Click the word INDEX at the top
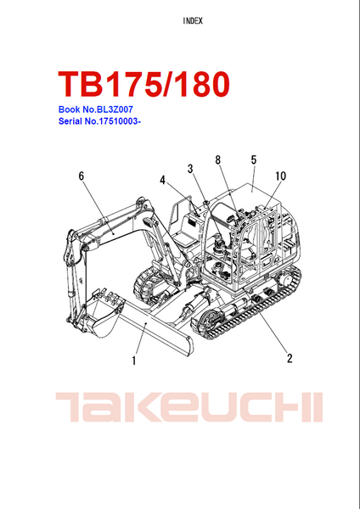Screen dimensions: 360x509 [x=193, y=21]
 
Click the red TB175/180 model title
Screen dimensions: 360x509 [x=144, y=84]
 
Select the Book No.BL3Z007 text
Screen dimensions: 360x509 [x=96, y=109]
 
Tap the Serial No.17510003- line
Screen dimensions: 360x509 [x=99, y=121]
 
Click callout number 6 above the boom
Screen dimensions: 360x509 [x=82, y=176]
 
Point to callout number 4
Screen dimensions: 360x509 [x=162, y=180]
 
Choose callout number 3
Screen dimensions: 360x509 [x=190, y=169]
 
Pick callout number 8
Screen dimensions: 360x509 [x=217, y=159]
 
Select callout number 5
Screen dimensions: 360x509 [x=254, y=159]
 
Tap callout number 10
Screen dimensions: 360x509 [x=280, y=176]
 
